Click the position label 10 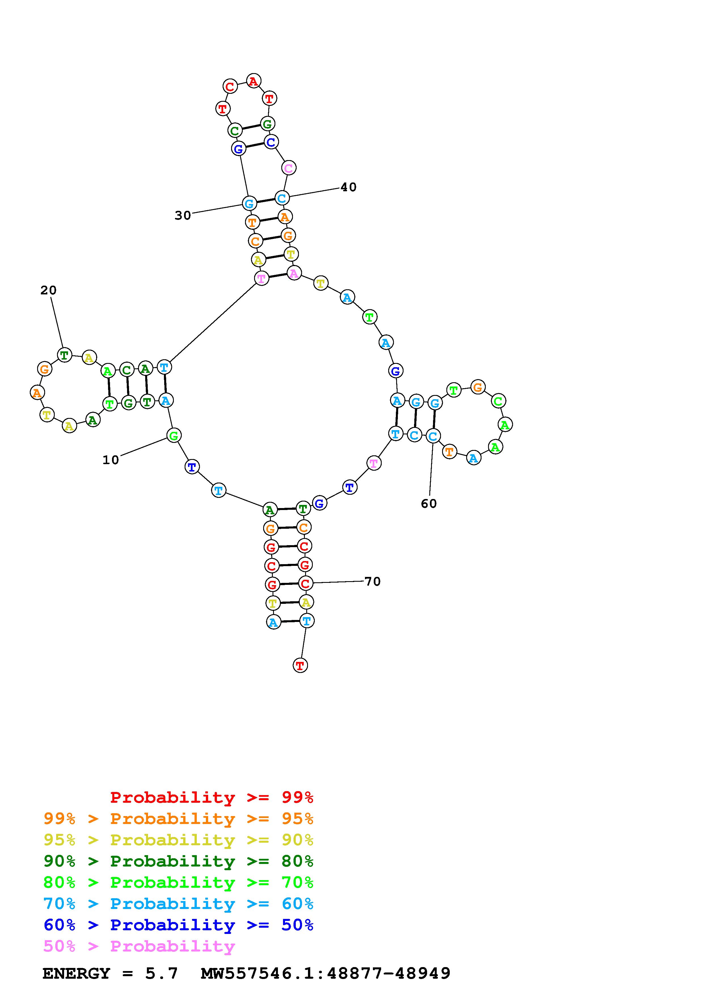[110, 460]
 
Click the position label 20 [48, 290]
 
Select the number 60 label [429, 504]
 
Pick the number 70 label [373, 581]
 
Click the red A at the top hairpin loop [254, 81]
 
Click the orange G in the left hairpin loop [44, 369]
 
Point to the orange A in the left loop [37, 393]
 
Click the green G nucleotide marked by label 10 [174, 435]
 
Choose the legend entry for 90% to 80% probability [178, 861]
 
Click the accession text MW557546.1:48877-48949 [326, 974]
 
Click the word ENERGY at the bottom [76, 974]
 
